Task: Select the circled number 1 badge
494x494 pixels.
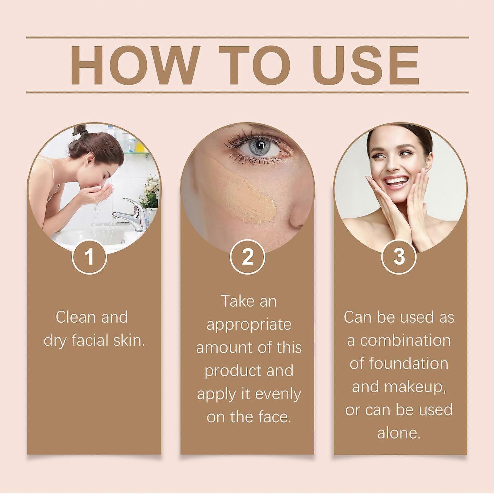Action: (90, 257)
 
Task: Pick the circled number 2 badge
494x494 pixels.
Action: (248, 257)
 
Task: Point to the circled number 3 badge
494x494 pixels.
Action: (399, 257)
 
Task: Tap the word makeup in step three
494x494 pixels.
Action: (414, 387)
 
